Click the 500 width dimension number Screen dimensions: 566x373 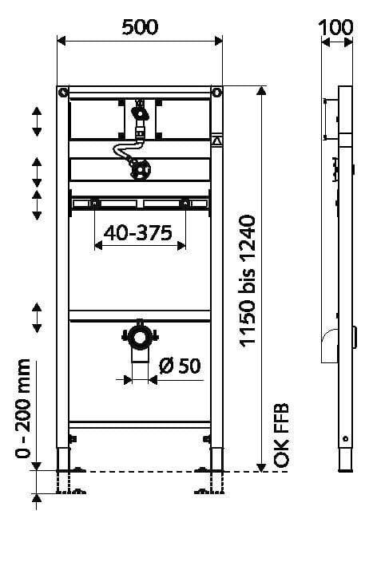[x=140, y=26]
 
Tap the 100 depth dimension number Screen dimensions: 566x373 [x=335, y=26]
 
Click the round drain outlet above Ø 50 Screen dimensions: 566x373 [x=141, y=338]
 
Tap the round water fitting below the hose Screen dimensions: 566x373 [x=141, y=169]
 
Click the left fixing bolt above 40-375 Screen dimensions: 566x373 [x=94, y=203]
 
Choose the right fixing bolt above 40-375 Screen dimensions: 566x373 [x=185, y=203]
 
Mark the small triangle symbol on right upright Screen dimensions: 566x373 [x=216, y=141]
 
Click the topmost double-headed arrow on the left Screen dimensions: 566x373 [x=37, y=121]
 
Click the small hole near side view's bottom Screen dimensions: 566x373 [x=344, y=438]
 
